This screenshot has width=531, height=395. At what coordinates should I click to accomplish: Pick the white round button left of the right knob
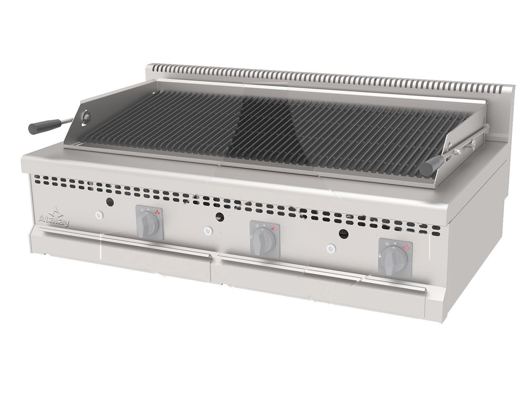point(331,248)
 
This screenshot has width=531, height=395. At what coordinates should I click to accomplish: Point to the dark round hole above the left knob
point(110,202)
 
